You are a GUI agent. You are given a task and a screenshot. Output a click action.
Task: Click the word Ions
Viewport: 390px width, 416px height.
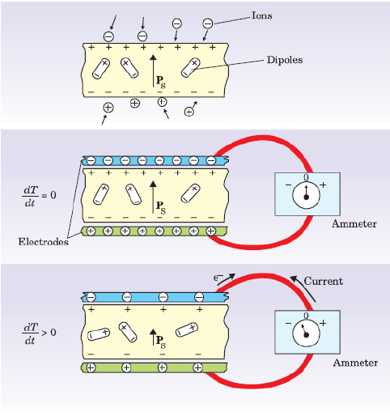click(x=261, y=15)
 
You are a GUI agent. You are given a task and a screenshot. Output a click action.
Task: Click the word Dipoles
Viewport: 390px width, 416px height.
click(x=285, y=60)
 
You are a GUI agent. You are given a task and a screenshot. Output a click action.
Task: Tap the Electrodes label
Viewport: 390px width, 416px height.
click(x=43, y=241)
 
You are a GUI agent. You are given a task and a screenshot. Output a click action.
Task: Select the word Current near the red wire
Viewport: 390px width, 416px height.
click(x=324, y=281)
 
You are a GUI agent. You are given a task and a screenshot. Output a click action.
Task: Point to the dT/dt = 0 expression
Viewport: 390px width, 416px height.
click(x=39, y=196)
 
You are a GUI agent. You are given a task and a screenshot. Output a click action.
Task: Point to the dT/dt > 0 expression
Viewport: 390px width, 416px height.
click(x=39, y=333)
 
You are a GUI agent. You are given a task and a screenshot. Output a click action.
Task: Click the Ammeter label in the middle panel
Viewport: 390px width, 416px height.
click(x=354, y=223)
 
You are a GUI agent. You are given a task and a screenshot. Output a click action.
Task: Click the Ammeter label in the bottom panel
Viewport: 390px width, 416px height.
click(x=355, y=363)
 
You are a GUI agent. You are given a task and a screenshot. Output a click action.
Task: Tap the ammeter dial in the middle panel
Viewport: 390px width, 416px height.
click(x=306, y=195)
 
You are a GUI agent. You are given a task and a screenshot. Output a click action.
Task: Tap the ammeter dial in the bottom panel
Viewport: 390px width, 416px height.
click(x=306, y=333)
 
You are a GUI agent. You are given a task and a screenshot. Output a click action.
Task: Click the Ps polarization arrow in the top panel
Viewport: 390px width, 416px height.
click(x=153, y=70)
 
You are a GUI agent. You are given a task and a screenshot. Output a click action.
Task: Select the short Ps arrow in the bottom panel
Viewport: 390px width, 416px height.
click(x=153, y=337)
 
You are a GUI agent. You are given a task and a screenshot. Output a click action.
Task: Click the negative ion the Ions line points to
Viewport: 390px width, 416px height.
click(x=208, y=23)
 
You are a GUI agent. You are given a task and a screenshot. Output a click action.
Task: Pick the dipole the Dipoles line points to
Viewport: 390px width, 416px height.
click(x=191, y=67)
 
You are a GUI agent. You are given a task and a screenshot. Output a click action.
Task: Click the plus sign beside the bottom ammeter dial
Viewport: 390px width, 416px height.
click(x=323, y=323)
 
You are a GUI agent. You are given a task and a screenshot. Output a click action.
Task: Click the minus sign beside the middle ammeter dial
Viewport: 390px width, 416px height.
click(x=288, y=185)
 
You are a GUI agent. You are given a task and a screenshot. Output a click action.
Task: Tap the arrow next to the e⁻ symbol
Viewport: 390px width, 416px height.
click(x=226, y=279)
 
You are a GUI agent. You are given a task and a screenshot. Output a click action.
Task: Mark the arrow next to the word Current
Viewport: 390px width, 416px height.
click(x=302, y=288)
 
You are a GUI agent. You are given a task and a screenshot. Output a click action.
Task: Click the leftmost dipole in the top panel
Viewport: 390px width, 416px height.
click(x=101, y=69)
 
